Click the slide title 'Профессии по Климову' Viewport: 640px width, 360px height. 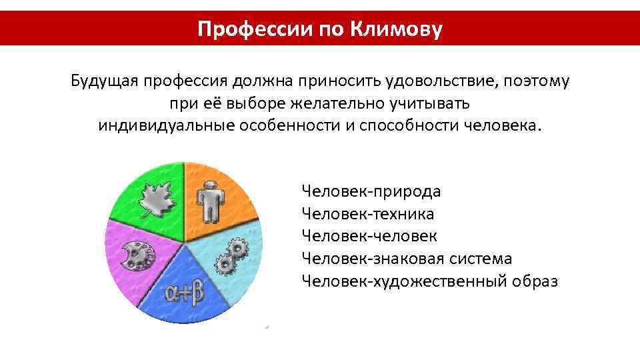pyautogui.click(x=320, y=29)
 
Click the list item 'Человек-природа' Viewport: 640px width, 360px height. pyautogui.click(x=371, y=192)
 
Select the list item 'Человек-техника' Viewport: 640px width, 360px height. pyautogui.click(x=367, y=214)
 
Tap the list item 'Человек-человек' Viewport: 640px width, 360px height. pyautogui.click(x=369, y=236)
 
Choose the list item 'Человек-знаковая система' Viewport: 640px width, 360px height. pyautogui.click(x=407, y=258)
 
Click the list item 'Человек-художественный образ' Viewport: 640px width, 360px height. pyautogui.click(x=429, y=281)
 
